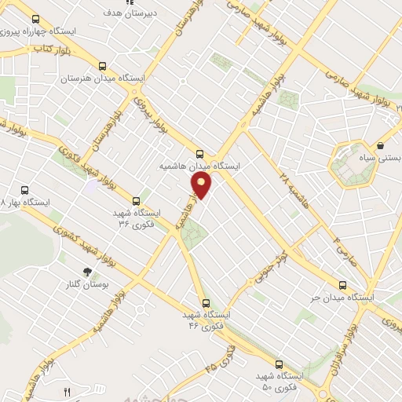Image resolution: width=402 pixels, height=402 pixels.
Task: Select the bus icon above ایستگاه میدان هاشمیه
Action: pos(199,155)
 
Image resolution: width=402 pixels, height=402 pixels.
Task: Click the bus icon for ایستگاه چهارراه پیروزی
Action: pos(35,18)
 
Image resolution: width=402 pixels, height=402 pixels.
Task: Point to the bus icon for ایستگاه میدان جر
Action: pos(342,285)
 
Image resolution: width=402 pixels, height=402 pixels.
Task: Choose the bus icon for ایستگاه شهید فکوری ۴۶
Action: pos(206,302)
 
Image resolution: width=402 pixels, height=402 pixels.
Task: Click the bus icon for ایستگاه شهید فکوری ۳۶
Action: pos(137,200)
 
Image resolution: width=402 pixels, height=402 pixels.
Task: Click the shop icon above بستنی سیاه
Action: pos(381,145)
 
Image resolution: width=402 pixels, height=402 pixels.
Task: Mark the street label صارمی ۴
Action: pos(342,251)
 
